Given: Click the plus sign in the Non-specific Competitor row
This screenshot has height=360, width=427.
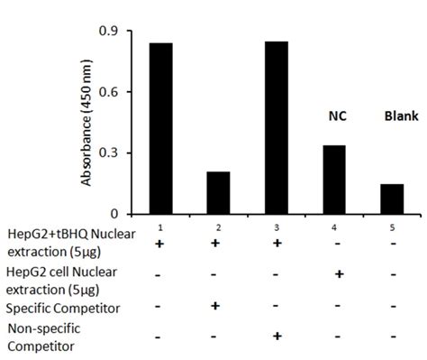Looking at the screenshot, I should (x=277, y=337).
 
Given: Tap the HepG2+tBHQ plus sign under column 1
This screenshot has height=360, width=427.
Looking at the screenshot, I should (x=159, y=245).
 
